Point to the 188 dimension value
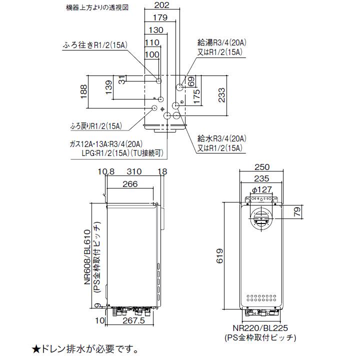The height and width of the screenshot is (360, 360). tap(83, 92)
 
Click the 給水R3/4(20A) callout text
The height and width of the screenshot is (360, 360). tap(220, 138)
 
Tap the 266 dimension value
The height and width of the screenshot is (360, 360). tap(129, 184)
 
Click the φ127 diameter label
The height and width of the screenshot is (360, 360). tap(262, 189)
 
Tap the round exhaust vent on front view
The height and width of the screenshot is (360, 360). tap(261, 218)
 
